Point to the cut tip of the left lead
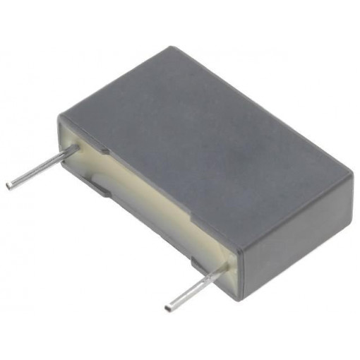tap(8, 185)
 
